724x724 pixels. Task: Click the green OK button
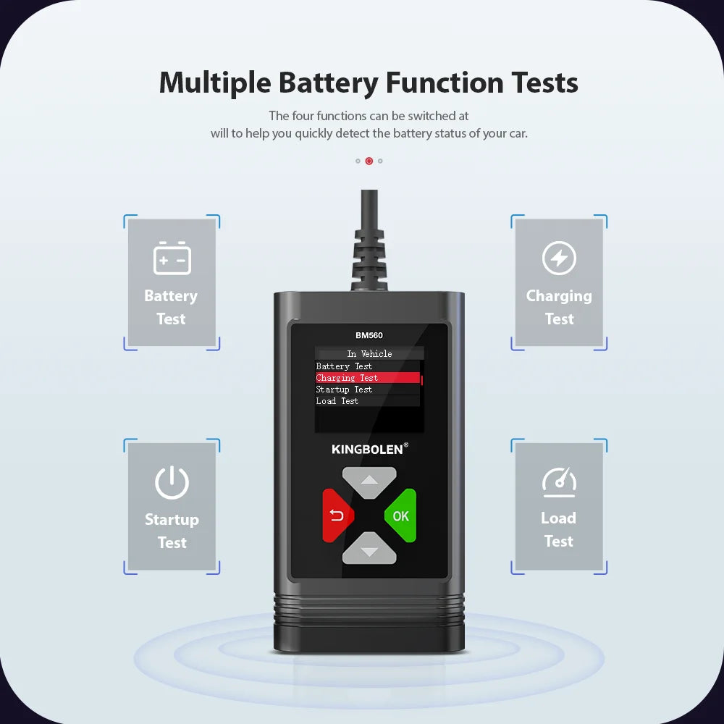(x=401, y=516)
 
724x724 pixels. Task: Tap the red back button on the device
(x=337, y=516)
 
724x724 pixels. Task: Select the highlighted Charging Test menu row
(x=368, y=378)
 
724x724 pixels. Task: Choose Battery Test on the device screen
(x=345, y=366)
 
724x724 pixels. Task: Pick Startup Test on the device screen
(x=344, y=390)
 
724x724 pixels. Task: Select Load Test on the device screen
(x=337, y=401)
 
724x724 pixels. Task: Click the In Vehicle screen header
(x=369, y=354)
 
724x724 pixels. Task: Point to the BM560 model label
(x=369, y=335)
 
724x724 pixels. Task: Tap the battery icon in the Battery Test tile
(x=172, y=258)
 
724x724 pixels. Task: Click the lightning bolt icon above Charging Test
(x=559, y=258)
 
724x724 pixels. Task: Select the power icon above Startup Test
(x=172, y=483)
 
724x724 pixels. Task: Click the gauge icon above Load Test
(x=559, y=481)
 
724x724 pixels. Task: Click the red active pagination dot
(x=369, y=161)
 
